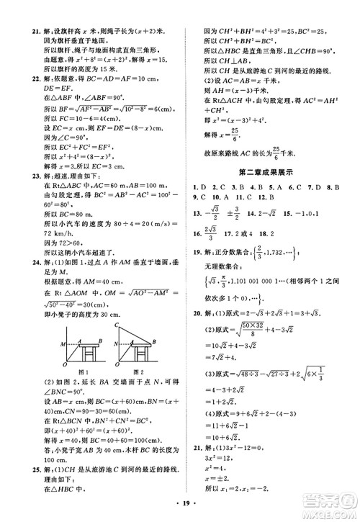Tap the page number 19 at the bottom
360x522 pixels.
[x=179, y=510]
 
